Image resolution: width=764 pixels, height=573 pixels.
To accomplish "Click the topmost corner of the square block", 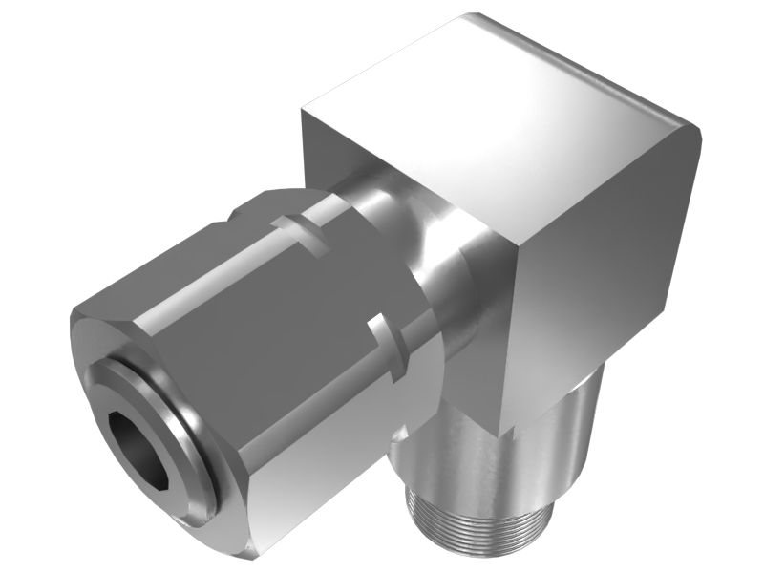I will tap(468, 17).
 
